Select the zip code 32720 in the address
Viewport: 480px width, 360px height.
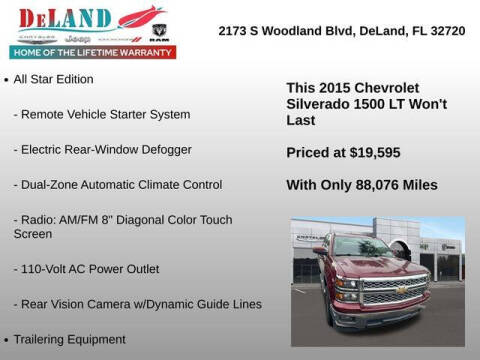pos(446,30)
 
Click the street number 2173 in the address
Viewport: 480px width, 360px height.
pos(235,30)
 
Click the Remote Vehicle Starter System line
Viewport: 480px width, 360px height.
pos(102,114)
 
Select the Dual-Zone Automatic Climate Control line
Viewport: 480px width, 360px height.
pos(118,185)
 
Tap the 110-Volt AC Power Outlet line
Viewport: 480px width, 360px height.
pos(86,269)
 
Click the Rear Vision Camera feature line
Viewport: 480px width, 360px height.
pos(138,304)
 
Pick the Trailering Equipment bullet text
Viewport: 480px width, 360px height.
pos(69,339)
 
